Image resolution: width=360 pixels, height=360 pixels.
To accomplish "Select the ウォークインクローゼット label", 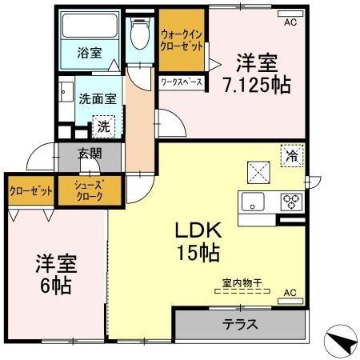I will pos(181,39).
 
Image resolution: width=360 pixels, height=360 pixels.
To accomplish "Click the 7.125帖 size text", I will pos(257,83).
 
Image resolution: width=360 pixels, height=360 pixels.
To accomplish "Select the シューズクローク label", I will pos(90,191).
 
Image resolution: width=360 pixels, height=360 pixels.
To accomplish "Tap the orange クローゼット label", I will pos(30,190).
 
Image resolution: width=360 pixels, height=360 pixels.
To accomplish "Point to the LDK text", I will pos(199,230).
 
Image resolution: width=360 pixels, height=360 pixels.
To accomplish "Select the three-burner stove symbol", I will pos(290,201).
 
